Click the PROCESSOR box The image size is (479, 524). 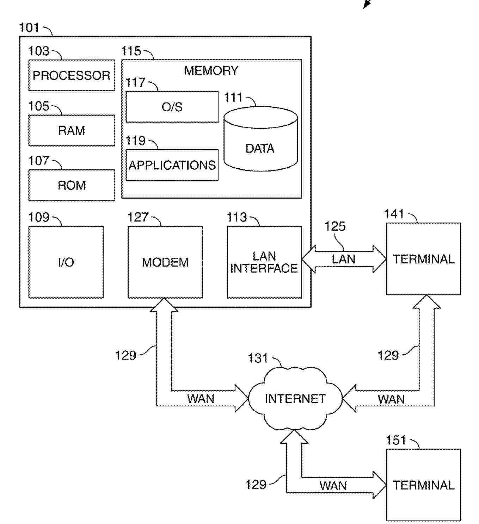coord(72,75)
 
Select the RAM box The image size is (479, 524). coord(72,130)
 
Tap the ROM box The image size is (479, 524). coord(72,185)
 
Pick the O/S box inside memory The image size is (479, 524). coord(172,107)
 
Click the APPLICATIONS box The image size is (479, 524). coord(172,165)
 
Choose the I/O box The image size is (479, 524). coord(66,262)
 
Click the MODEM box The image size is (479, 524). coord(165,262)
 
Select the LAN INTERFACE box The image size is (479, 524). coord(264,262)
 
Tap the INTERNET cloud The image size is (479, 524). coord(295,399)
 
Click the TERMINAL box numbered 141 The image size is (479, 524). coord(423,259)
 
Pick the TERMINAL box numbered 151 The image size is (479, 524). coord(423,485)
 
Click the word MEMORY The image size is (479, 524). coord(211,70)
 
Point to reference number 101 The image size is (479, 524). coord(29,27)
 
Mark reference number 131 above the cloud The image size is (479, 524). coord(258,358)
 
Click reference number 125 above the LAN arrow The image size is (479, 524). coord(335,226)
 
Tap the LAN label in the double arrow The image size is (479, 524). coord(344,259)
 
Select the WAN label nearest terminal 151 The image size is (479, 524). coord(333,486)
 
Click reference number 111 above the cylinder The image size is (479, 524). coord(233,98)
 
